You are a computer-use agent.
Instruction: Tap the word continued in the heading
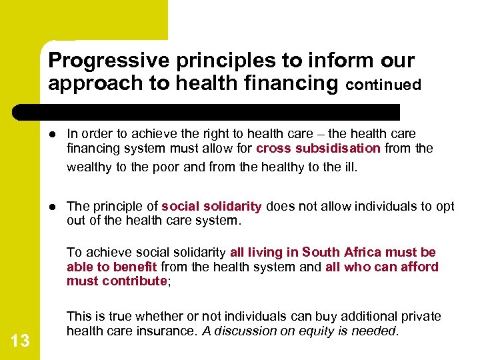coord(383,85)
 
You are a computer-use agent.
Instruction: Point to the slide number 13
coord(20,341)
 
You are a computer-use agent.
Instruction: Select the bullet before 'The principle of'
coord(54,207)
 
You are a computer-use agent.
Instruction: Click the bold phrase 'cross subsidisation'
coord(318,149)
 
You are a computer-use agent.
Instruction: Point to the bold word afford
coord(419,267)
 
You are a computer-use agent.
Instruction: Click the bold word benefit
coord(135,267)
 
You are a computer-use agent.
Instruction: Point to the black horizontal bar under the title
coord(220,111)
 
